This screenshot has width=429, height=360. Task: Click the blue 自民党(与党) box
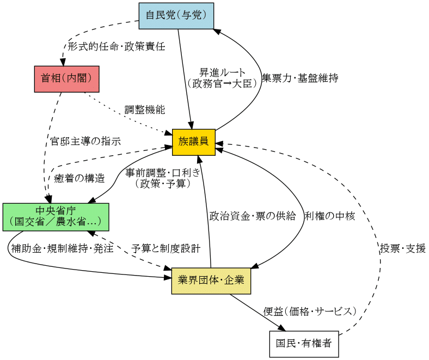[176, 16]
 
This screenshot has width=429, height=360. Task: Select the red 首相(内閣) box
[67, 79]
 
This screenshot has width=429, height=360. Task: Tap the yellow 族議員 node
[194, 142]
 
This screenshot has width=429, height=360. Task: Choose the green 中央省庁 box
[56, 217]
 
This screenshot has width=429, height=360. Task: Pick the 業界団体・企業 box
[211, 281]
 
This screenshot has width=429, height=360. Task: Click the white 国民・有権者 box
[304, 344]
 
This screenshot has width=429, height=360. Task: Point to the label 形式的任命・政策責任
[117, 46]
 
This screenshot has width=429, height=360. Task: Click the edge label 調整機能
[145, 110]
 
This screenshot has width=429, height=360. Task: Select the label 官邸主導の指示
[85, 141]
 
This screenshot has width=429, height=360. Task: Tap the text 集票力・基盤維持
[300, 78]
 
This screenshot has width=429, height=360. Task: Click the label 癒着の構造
[79, 179]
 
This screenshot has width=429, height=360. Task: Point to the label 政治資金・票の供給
[253, 216]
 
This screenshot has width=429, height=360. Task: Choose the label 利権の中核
[330, 216]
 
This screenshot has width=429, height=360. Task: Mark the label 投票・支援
[403, 248]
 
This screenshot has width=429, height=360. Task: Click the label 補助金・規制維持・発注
[63, 248]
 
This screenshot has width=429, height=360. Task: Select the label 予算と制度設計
[166, 248]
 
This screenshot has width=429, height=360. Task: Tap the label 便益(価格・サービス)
[310, 312]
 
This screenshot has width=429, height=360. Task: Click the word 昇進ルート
[222, 73]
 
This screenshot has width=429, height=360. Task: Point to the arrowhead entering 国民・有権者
[283, 328]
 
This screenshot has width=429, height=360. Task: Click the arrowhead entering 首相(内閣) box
[63, 62]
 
